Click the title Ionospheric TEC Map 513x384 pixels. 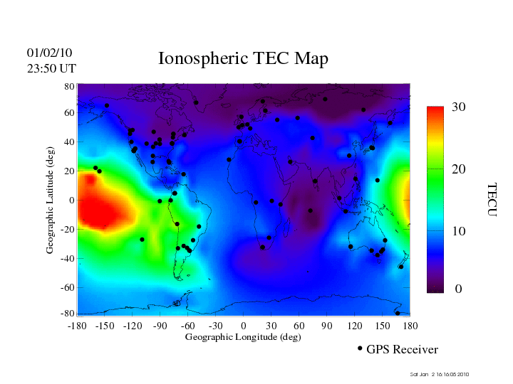[243, 58]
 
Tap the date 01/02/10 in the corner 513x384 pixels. [49, 53]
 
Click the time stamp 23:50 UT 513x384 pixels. [51, 68]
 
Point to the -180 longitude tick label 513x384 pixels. [77, 326]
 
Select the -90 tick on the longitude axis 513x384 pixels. [160, 326]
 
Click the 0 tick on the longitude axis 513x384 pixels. [244, 326]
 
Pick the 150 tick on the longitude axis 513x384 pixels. [383, 326]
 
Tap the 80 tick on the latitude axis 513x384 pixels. [70, 86]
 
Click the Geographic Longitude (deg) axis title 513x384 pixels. [243, 337]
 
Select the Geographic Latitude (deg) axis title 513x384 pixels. [51, 205]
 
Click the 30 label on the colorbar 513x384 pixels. [459, 107]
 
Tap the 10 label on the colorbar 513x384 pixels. [459, 232]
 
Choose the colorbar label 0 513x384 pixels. [458, 289]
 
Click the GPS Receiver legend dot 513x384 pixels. [360, 348]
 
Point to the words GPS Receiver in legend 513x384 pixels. [402, 350]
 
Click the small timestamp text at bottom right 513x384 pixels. [440, 375]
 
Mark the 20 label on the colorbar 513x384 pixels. [459, 170]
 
